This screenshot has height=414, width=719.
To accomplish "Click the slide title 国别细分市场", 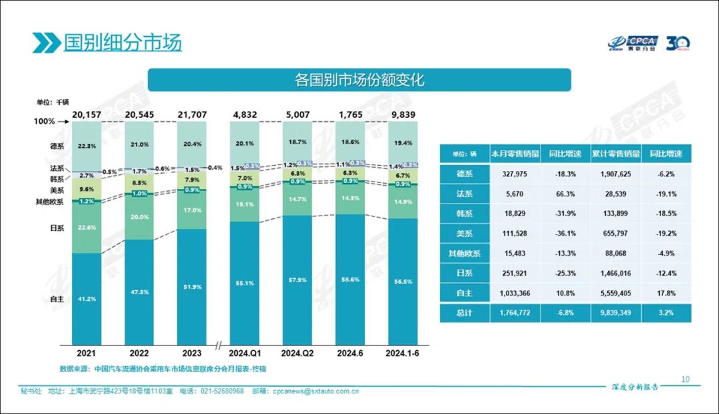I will click(122, 43).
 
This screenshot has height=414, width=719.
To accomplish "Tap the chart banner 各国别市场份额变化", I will click(359, 81).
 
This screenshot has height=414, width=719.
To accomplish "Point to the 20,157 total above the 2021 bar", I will click(88, 114).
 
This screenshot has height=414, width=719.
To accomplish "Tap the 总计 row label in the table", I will click(464, 313).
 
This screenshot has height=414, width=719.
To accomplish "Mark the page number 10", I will click(686, 379).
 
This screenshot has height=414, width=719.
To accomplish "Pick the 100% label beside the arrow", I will click(44, 122).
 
